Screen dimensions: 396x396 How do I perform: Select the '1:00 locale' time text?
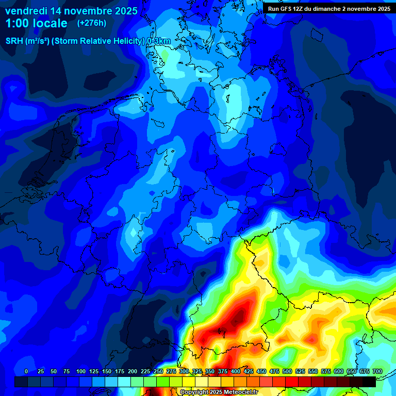37,23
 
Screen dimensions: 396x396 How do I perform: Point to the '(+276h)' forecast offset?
91,23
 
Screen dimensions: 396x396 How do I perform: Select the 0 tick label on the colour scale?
26,371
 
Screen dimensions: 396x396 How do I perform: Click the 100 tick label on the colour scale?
81,371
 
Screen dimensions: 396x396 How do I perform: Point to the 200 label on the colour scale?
133,371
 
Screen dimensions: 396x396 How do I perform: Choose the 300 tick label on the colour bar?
184,371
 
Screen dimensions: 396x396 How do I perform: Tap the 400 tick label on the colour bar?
236,371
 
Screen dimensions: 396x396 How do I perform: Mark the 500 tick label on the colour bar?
287,371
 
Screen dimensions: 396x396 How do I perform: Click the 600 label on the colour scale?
339,371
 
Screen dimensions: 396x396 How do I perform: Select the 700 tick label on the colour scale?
377,371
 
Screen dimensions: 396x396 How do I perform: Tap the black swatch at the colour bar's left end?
21,382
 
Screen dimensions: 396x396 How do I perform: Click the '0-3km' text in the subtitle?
159,41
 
